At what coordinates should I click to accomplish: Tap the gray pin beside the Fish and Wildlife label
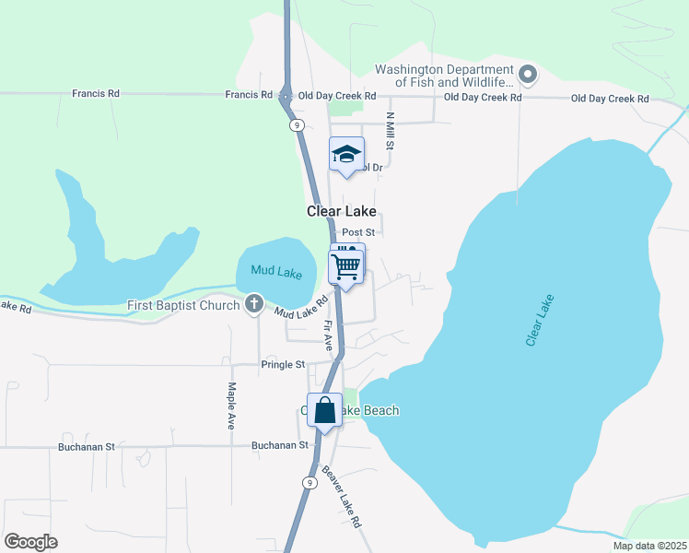528,73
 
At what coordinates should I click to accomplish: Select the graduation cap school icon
347,154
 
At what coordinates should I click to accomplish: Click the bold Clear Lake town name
341,211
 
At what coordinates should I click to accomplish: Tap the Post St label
357,233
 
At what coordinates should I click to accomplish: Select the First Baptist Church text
184,305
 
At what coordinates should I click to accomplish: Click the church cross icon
255,304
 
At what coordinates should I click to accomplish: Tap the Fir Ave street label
328,334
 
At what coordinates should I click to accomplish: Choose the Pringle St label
283,365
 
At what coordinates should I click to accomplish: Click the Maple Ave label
230,406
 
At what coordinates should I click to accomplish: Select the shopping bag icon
325,409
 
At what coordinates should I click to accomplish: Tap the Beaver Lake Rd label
342,497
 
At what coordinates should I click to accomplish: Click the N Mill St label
391,132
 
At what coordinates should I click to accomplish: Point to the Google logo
30,542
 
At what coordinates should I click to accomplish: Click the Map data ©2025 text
648,546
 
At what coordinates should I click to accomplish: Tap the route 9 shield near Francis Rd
296,124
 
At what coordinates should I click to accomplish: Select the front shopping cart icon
345,266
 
